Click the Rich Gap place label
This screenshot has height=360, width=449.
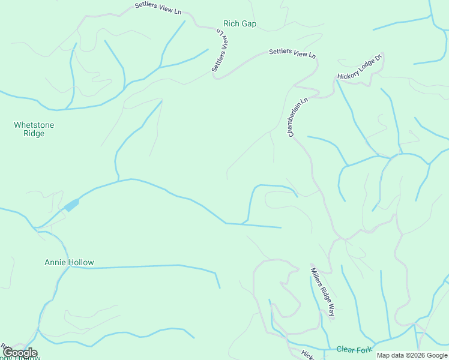click(240, 24)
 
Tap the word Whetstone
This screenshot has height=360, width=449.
click(34, 125)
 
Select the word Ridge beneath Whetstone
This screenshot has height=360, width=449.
click(34, 134)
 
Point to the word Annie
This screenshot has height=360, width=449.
click(56, 263)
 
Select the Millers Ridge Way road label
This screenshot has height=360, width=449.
click(323, 290)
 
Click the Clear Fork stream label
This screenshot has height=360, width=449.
click(354, 349)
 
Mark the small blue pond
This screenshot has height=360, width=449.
click(71, 205)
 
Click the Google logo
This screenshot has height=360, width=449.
click(20, 353)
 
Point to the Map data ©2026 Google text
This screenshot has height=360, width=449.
click(412, 355)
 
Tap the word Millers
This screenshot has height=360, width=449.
click(316, 278)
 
